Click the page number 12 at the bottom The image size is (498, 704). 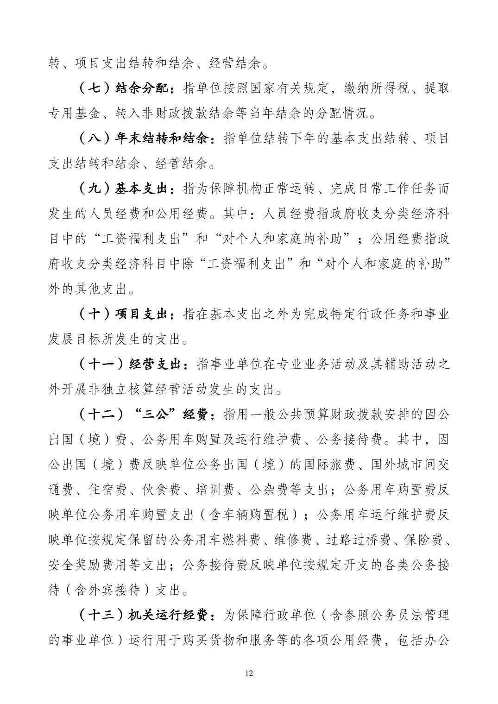click(249, 673)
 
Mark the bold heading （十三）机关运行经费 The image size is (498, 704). click(145, 615)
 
